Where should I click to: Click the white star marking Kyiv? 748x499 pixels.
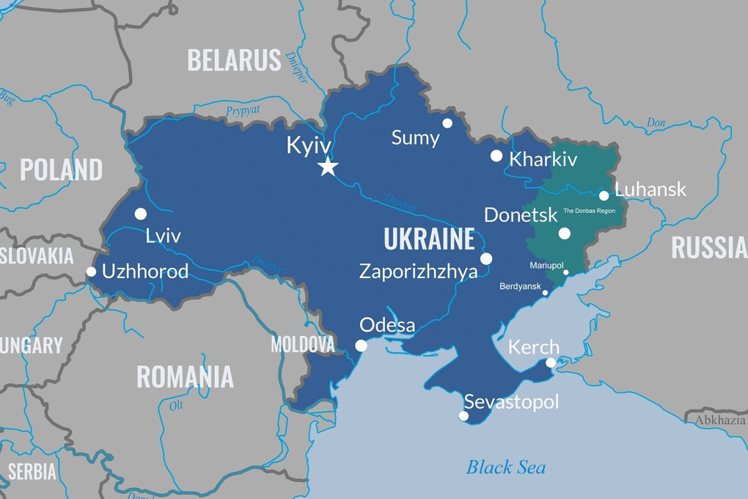pos(328,167)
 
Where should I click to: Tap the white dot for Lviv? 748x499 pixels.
pos(141,214)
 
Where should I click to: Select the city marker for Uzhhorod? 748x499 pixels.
pos(91,272)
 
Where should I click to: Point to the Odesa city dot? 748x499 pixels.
pos(361,346)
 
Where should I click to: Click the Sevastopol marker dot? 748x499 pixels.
pos(463,416)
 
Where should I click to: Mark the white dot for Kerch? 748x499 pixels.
pos(551,363)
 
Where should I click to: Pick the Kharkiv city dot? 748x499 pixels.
pos(496,156)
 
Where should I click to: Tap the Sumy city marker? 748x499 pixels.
pos(447,123)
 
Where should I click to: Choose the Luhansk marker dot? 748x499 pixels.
pos(604,195)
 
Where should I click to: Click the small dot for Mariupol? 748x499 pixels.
pos(565,272)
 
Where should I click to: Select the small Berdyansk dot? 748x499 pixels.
pos(545,293)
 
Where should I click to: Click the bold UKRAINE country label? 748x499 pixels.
pos(429,239)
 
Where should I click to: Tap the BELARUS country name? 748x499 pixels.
pos(234,60)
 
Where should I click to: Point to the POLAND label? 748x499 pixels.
pos(61,170)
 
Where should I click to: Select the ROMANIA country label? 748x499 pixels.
pos(185,376)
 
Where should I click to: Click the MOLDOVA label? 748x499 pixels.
pos(302,343)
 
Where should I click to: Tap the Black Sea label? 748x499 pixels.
pos(506,467)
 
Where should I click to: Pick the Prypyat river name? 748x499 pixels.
pos(243,111)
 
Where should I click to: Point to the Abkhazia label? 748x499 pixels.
pos(719,420)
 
